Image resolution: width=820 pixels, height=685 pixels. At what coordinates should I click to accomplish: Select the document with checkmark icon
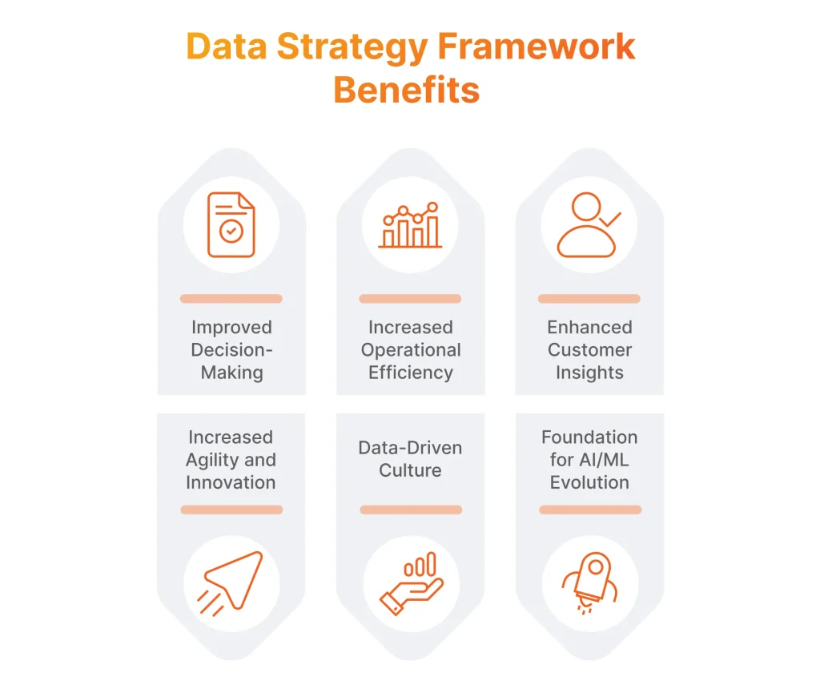[231, 225]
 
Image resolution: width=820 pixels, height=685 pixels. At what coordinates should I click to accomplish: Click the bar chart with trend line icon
[410, 225]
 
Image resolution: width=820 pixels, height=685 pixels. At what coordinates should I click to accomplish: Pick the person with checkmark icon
[589, 225]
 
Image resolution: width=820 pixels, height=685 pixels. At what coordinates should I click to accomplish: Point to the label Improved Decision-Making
[231, 350]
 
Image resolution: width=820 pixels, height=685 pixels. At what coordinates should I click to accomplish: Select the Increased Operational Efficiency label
[410, 350]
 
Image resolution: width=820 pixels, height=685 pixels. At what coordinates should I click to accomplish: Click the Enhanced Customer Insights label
[589, 350]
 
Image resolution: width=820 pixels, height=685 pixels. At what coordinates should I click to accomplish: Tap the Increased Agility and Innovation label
[231, 460]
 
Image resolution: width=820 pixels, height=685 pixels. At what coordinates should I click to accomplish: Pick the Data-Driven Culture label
[410, 459]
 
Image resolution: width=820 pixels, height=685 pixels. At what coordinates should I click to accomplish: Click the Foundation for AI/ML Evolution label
[589, 460]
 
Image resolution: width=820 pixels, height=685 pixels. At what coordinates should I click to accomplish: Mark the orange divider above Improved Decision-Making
[231, 299]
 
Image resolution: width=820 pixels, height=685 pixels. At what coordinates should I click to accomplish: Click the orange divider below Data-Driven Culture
[411, 510]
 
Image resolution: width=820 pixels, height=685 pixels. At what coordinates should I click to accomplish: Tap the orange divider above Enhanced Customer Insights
[589, 299]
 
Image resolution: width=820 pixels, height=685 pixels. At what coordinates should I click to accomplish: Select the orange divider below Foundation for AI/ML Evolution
[590, 510]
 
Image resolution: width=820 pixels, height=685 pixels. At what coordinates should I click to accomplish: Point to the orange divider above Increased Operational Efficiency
[410, 299]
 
